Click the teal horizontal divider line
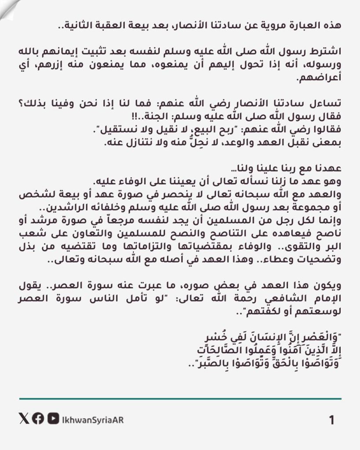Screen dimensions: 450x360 pyautogui.click(x=180, y=399)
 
